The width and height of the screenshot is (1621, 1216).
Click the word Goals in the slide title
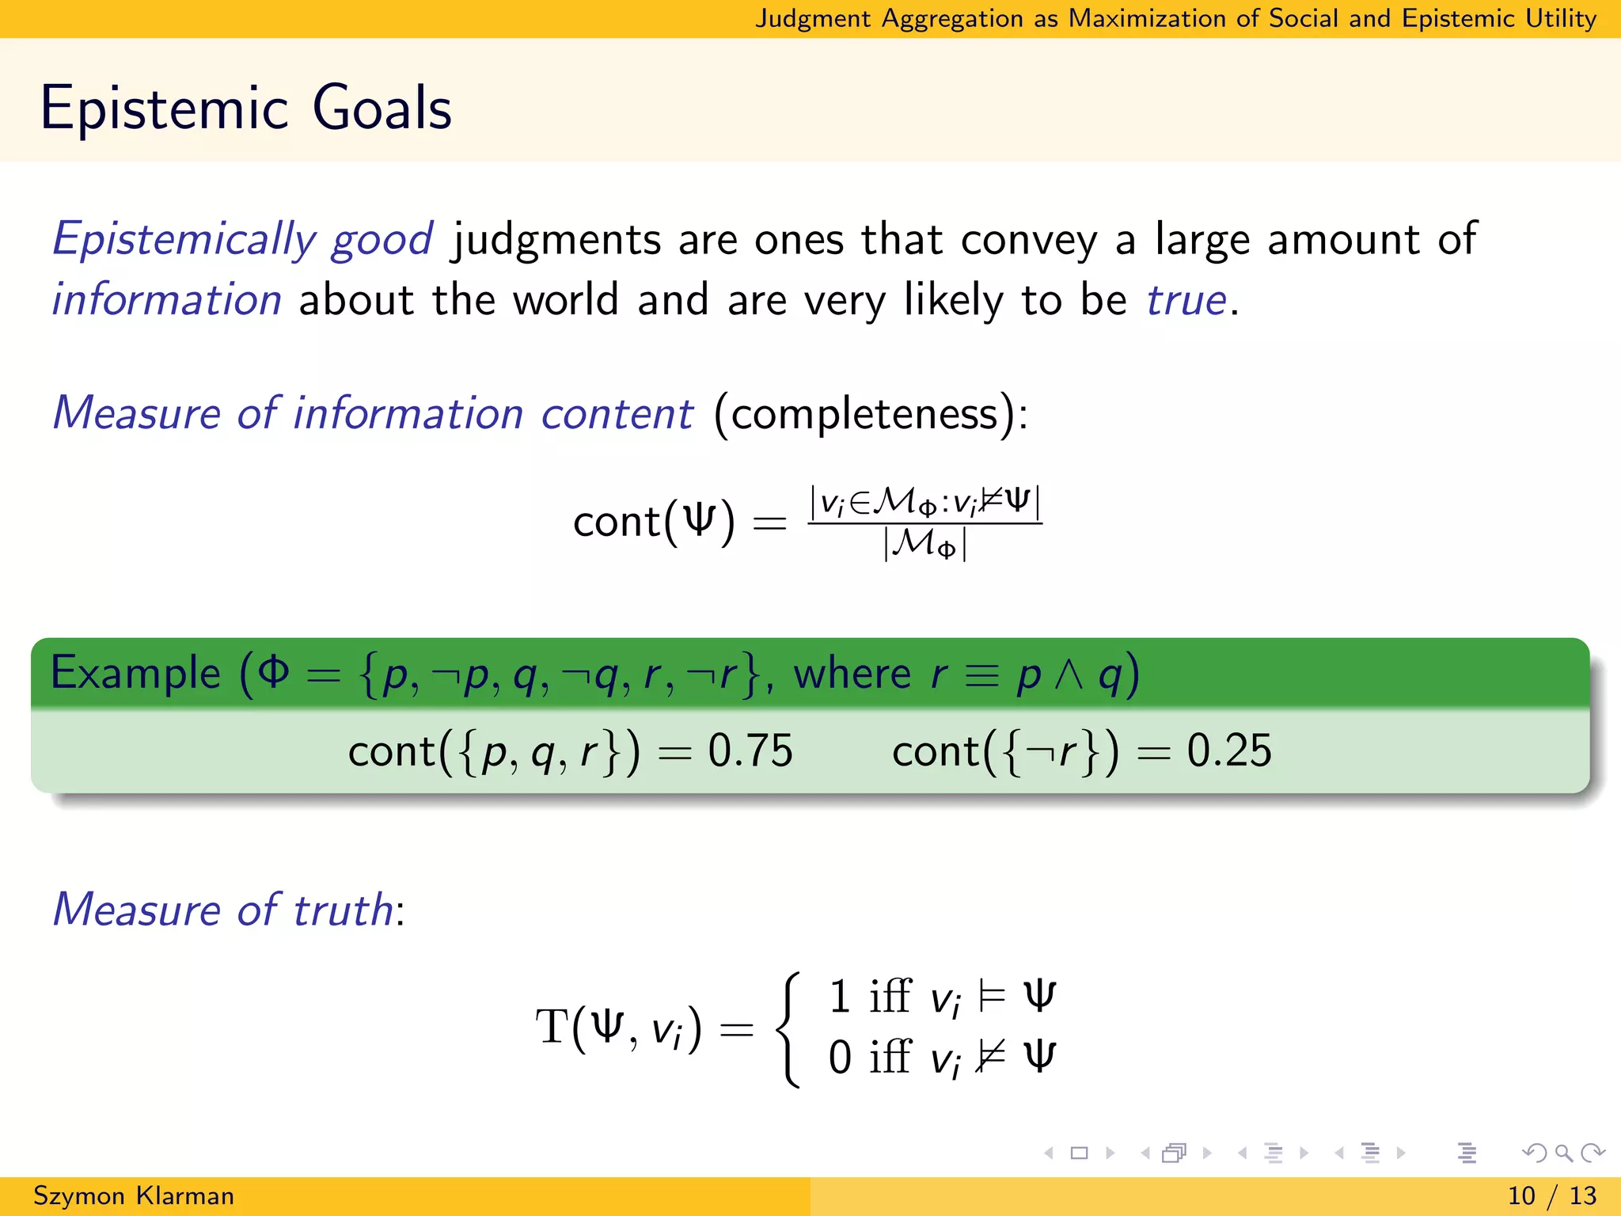(x=382, y=108)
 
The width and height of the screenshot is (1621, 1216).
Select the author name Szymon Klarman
(x=133, y=1195)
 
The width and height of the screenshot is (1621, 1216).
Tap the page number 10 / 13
(x=1551, y=1195)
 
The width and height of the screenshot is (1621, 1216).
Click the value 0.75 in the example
(x=750, y=750)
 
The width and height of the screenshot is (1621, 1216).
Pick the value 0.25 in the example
(x=1228, y=750)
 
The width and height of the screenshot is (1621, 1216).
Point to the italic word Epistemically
(x=184, y=240)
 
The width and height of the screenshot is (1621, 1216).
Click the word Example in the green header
(x=135, y=674)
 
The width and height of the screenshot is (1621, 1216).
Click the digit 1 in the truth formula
(x=840, y=996)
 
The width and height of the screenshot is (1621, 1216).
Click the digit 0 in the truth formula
(x=840, y=1057)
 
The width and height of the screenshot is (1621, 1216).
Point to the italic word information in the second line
(x=167, y=300)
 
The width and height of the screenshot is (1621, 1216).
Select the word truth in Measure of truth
(x=343, y=910)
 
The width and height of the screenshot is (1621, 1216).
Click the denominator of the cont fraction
(x=924, y=545)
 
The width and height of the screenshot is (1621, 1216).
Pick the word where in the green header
(x=852, y=674)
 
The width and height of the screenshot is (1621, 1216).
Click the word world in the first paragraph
(x=565, y=300)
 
